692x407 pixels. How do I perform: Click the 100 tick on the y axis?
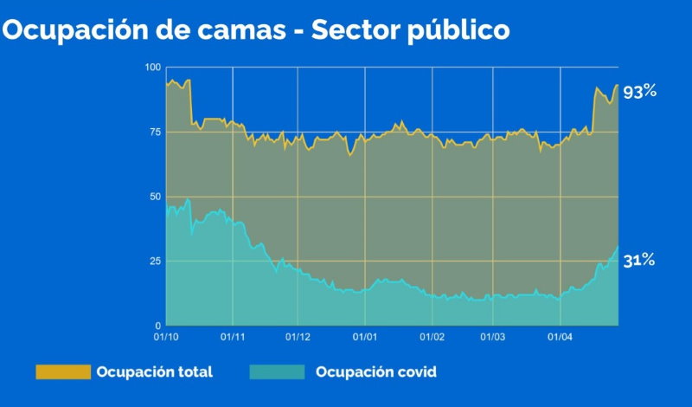point(152,68)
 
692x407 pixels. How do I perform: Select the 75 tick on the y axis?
point(154,132)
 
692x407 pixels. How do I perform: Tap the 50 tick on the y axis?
point(154,197)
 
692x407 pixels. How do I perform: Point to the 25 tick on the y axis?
point(154,261)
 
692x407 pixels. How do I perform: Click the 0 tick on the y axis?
point(157,326)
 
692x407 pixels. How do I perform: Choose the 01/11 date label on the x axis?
point(232,337)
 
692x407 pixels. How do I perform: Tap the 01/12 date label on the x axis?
point(297,337)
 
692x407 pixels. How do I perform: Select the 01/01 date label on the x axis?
point(364,337)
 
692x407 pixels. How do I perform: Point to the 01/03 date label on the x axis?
point(493,337)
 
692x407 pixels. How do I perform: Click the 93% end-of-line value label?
point(640,90)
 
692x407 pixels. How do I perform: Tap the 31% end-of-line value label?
point(639,259)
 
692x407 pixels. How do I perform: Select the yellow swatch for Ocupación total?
point(62,372)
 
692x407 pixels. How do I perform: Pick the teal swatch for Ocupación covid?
point(277,372)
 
